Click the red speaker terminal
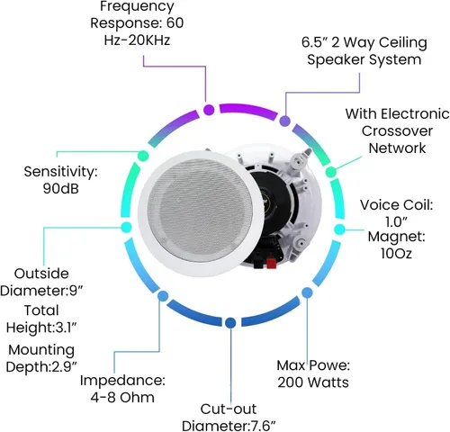(271, 264)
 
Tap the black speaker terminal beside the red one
(257, 265)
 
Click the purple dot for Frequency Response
(209, 110)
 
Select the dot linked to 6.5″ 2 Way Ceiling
(284, 121)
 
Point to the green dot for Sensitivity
(143, 156)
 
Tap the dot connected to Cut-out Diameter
(230, 323)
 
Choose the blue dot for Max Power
(307, 292)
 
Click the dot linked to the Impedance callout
(163, 296)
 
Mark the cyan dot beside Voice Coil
(339, 229)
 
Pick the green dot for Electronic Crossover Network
(331, 172)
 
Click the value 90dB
(61, 189)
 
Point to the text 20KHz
(149, 40)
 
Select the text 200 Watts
(313, 382)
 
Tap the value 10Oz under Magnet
(396, 254)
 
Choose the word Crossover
(397, 130)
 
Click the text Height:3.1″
(41, 328)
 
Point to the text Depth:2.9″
(41, 366)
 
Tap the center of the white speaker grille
(199, 211)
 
